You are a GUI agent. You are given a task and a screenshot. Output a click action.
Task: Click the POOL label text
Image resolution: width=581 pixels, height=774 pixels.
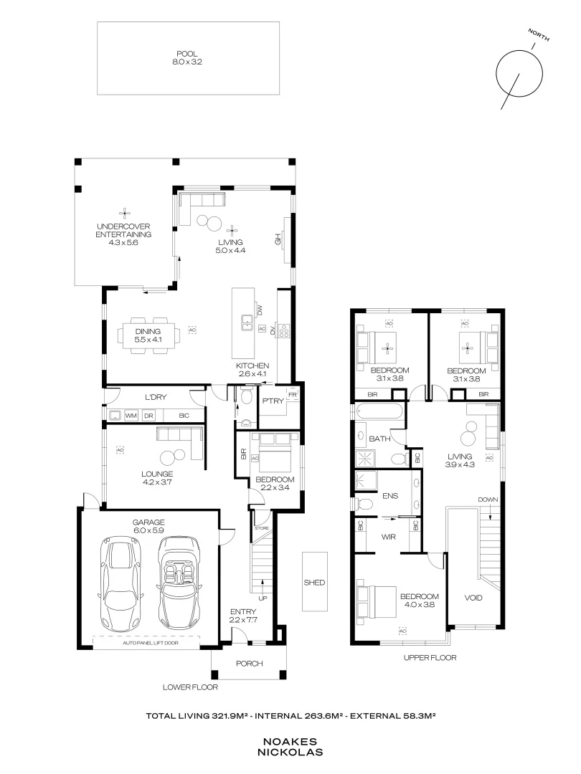187,53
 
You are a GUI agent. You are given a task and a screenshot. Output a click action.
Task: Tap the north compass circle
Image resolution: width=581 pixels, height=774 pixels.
519,72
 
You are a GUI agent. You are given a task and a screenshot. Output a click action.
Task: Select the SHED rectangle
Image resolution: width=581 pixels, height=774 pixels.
315,583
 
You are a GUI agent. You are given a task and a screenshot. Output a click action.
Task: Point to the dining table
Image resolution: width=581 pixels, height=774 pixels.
148,335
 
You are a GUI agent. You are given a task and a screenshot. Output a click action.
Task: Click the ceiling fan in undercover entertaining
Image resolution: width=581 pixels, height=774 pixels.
123,212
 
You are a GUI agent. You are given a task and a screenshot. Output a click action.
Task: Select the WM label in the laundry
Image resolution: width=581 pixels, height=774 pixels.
131,415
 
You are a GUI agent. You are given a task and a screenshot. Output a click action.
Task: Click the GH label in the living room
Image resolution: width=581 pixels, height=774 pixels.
278,240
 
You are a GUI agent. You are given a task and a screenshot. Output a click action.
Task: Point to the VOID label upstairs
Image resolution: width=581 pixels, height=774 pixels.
473,598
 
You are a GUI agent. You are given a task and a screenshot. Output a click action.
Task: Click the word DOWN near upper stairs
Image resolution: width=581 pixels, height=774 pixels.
488,499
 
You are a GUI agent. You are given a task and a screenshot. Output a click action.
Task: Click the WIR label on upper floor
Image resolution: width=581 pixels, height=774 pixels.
389,535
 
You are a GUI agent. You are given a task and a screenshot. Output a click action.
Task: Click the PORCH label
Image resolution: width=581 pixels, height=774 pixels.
249,663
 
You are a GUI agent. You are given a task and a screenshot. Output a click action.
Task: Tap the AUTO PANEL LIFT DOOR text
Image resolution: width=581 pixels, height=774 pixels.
150,644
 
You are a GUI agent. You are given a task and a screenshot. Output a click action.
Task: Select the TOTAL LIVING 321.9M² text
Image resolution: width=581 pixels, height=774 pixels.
193,715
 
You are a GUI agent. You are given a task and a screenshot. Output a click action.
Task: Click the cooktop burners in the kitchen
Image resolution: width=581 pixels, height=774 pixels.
283,330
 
